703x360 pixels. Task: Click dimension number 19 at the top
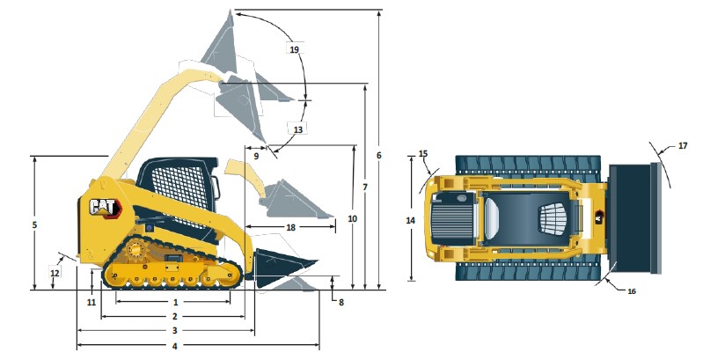295,49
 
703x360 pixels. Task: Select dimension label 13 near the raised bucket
298,129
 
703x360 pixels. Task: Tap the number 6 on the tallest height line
378,156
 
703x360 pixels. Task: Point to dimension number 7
364,187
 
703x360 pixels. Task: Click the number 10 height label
352,217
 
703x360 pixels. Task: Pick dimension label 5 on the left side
33,225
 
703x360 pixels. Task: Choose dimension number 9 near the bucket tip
256,155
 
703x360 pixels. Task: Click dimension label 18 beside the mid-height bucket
290,227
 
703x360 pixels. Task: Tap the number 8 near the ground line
341,302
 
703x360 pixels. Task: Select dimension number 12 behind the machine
55,273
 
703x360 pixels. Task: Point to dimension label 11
91,302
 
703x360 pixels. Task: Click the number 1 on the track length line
175,302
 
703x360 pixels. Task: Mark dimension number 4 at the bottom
175,346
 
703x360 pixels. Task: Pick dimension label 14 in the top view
410,220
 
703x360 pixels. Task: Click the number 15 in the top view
422,154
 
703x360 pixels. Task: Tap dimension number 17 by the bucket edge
683,145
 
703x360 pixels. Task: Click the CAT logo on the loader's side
103,208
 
